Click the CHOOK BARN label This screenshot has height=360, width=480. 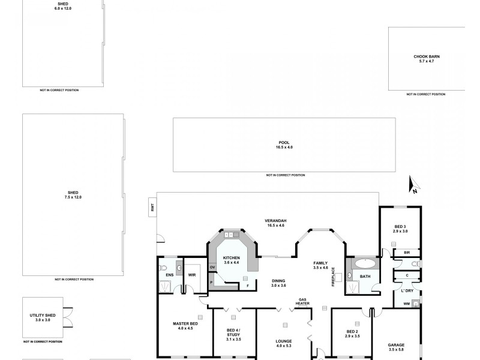[427, 56]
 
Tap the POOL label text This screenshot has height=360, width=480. [284, 143]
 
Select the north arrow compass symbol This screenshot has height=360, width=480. [413, 186]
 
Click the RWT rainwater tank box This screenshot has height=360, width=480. [152, 208]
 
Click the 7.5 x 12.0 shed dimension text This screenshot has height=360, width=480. [73, 197]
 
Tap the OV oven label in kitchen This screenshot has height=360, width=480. [212, 267]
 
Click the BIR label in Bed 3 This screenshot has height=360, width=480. [406, 253]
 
